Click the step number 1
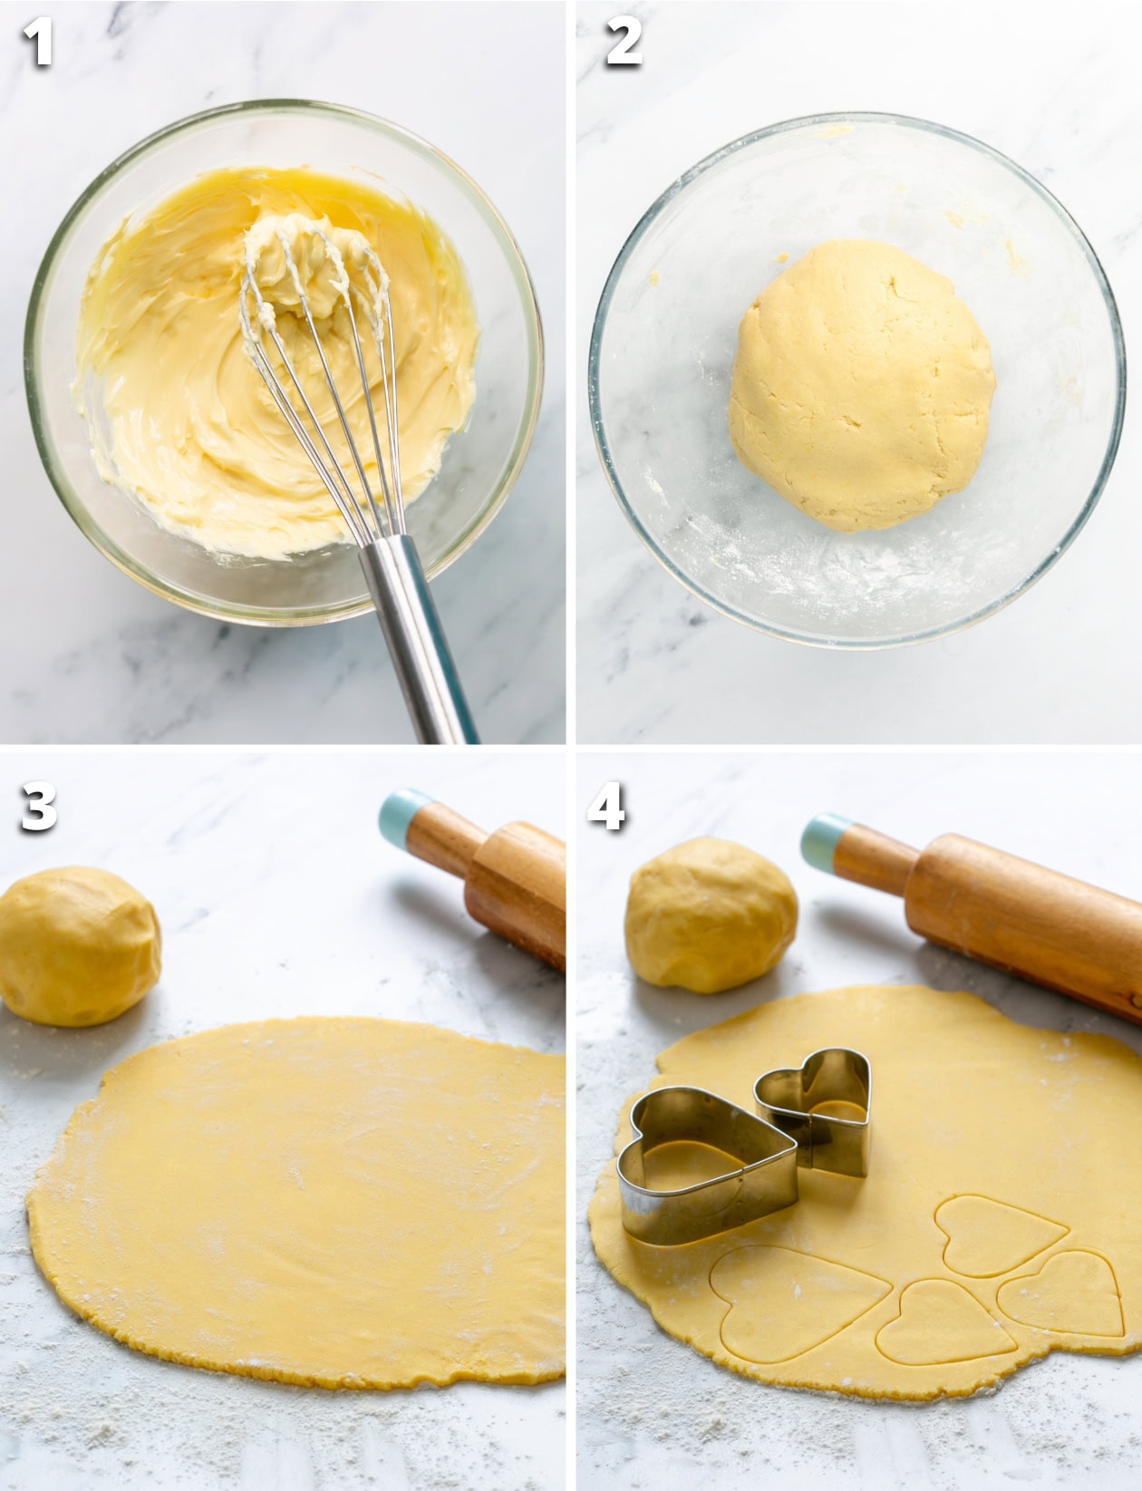coord(37,44)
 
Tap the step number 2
coord(624,44)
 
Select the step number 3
coord(38,808)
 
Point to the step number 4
coord(606,808)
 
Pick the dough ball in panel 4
coord(711,914)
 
